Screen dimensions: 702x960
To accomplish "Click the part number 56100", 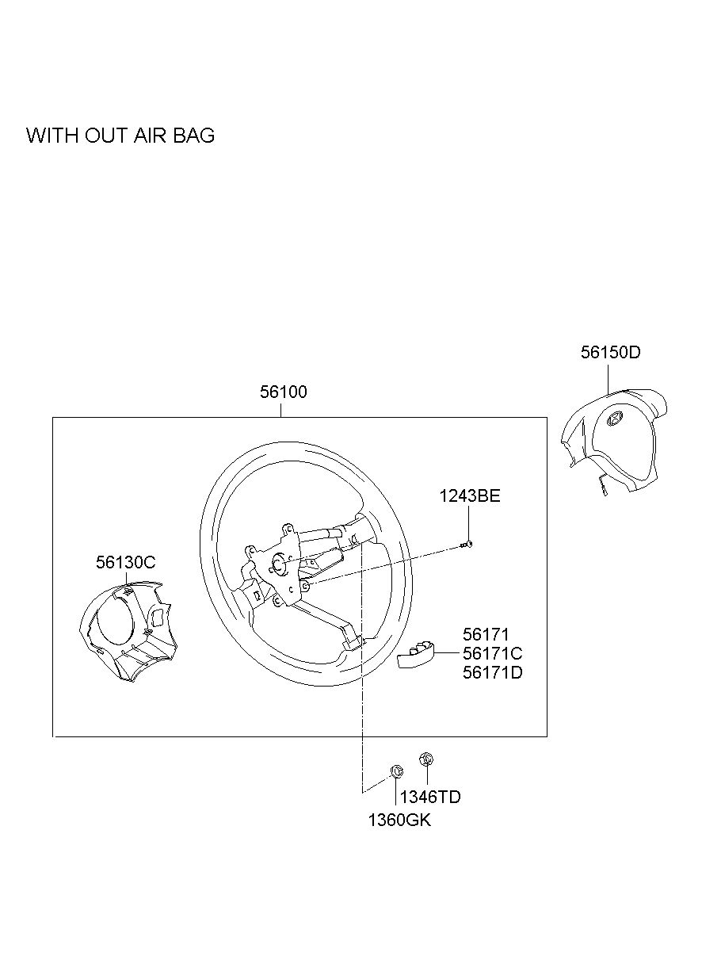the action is click(283, 392).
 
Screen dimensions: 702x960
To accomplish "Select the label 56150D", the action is click(610, 352).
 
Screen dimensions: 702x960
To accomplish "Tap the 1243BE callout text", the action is click(470, 496).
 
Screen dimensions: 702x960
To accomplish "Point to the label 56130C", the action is click(125, 562).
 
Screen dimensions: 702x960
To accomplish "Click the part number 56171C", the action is click(493, 653).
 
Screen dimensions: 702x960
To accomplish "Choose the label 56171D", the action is click(493, 672).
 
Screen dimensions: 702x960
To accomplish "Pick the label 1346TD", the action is click(430, 797).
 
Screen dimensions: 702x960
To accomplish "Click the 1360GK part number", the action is click(399, 820).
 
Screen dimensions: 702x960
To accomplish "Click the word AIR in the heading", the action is click(150, 136).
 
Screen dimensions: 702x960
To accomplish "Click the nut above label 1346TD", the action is click(426, 759).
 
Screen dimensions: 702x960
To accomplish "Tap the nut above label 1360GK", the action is click(397, 771).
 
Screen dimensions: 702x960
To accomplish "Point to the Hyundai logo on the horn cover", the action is click(615, 419).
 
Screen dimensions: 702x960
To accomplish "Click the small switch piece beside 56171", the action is click(416, 655).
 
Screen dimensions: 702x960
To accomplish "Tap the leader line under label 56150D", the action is click(609, 379).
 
